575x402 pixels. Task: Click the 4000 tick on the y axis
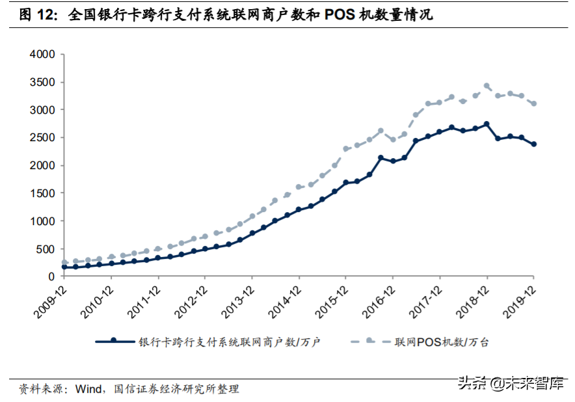point(42,55)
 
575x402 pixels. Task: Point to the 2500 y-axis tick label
point(42,138)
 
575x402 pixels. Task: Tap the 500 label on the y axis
point(45,249)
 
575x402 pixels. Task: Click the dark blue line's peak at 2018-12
point(487,124)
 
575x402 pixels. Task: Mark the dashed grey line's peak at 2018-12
point(487,85)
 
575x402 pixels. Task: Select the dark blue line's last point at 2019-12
point(534,144)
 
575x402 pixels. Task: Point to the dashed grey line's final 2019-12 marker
point(534,103)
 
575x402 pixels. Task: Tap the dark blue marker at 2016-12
point(392,161)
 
